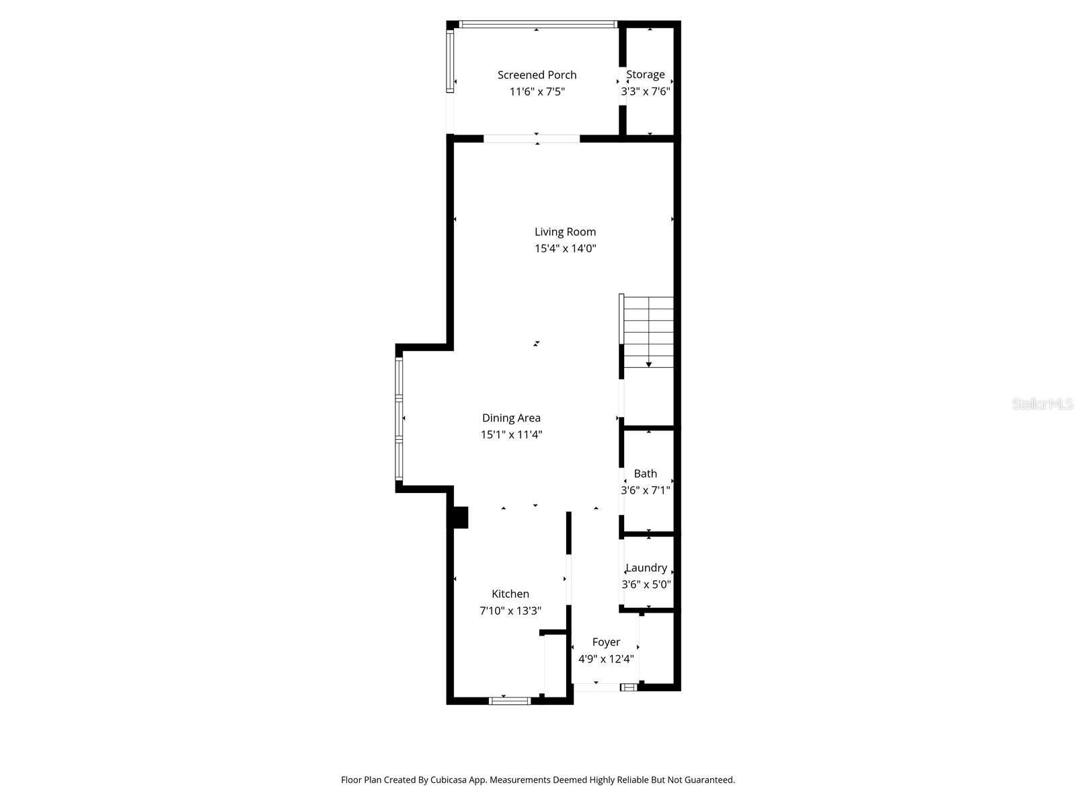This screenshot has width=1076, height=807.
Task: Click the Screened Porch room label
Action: [537, 75]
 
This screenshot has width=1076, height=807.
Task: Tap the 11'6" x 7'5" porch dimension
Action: [537, 91]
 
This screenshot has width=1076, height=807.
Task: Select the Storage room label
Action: [645, 75]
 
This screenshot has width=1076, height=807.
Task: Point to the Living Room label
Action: [565, 232]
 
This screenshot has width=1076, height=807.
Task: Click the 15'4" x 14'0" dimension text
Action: [565, 248]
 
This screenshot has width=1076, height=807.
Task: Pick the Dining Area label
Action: [511, 418]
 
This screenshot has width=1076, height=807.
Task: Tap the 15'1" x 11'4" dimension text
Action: [511, 434]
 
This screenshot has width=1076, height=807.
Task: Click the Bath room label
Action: [645, 473]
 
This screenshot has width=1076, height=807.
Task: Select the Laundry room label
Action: [646, 568]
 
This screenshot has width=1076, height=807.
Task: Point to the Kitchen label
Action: [510, 594]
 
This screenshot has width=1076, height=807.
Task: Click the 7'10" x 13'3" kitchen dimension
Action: [510, 611]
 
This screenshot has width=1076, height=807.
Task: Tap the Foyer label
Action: [606, 642]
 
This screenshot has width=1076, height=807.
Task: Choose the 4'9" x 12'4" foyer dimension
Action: [606, 659]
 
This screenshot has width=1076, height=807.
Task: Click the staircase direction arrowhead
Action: [649, 364]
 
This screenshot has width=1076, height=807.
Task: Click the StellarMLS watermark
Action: [1042, 404]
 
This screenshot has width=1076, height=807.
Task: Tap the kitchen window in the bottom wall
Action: [510, 701]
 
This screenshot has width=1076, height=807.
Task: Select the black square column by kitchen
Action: [461, 517]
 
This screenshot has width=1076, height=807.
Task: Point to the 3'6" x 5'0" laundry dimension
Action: [646, 584]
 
